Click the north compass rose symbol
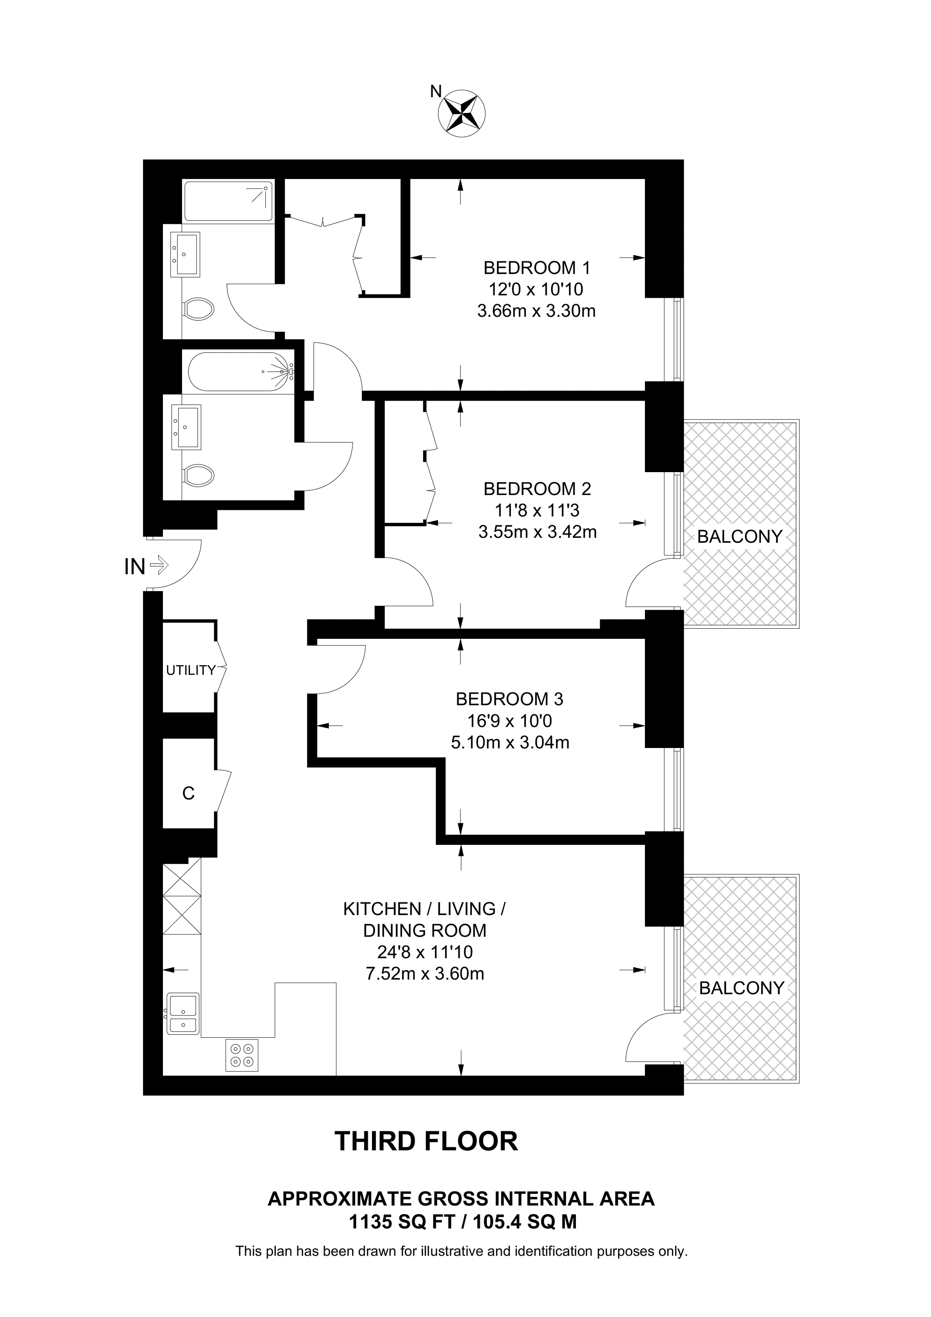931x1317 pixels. [462, 113]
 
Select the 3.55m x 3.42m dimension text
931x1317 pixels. [537, 532]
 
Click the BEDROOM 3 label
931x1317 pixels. [510, 699]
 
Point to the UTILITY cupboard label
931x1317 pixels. [190, 670]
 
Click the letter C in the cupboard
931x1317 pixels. [188, 793]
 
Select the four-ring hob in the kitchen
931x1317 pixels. [242, 1056]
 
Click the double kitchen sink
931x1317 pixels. [183, 1013]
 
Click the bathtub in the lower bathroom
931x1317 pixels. [238, 372]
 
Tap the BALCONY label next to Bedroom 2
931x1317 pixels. [739, 536]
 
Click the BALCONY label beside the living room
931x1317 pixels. [741, 988]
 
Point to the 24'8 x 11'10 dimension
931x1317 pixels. [424, 952]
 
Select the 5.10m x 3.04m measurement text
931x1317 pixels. [510, 743]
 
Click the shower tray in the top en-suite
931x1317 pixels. [228, 201]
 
